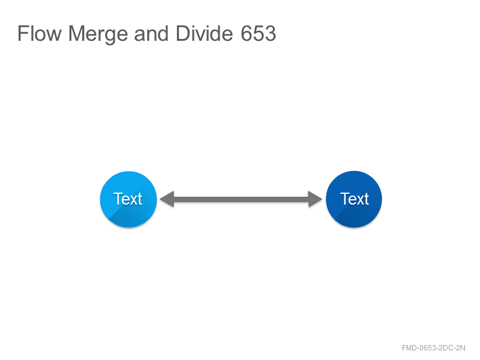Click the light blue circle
point(128,199)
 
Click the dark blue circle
point(354,199)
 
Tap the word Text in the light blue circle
point(128,199)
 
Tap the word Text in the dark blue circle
point(355,199)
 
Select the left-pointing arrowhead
point(167,199)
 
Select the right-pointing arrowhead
point(315,199)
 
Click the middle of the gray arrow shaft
point(241,199)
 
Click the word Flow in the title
point(40,33)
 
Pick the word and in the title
point(151,33)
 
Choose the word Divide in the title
point(205,33)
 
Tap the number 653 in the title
point(259,34)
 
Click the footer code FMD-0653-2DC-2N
point(433,348)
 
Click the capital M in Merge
point(76,33)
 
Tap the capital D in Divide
point(183,33)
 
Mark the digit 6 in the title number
point(247,34)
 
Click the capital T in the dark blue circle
point(344,199)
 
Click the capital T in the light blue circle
point(118,199)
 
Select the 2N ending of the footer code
point(461,348)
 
